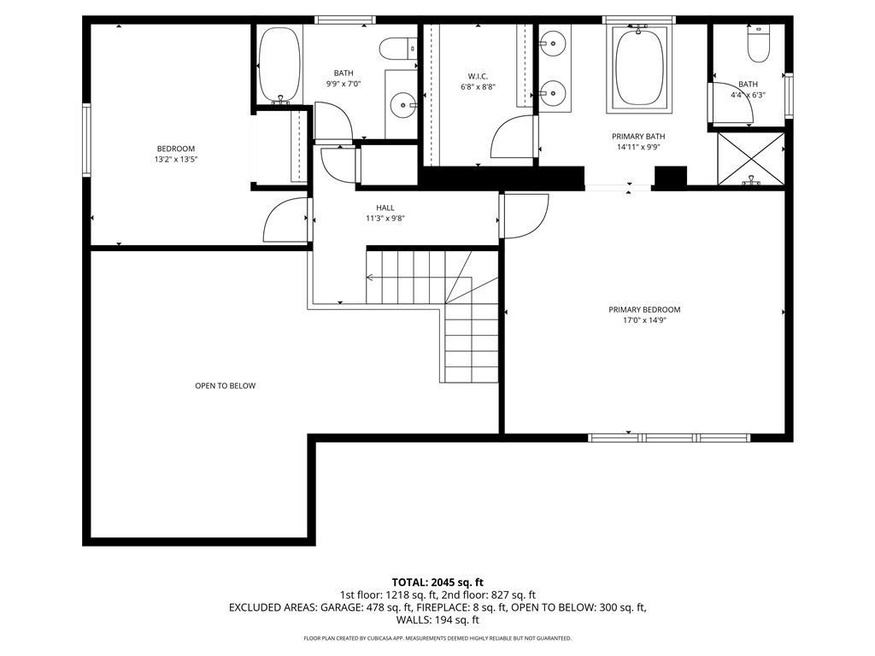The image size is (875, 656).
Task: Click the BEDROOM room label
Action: coord(175,148)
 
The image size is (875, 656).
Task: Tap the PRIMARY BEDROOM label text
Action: coord(644,309)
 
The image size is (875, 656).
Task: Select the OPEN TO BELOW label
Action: coord(225,385)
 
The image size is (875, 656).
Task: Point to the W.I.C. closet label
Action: coord(478,75)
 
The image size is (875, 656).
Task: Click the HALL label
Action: coord(385,207)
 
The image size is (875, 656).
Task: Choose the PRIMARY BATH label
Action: coord(637,136)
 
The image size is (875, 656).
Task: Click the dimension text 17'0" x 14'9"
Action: coord(644,321)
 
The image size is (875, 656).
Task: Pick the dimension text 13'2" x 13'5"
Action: coord(175,159)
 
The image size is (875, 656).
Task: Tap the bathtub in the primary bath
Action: coord(639,67)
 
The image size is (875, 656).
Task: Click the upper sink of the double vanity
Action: coord(553,40)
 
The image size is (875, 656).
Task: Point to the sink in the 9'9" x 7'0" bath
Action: coord(402,106)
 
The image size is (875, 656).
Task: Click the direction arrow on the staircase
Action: coord(371,277)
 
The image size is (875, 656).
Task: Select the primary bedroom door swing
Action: coord(524,216)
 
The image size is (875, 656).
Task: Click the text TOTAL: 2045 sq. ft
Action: coord(437,583)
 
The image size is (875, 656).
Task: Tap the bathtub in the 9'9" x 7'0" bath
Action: coord(279,65)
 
